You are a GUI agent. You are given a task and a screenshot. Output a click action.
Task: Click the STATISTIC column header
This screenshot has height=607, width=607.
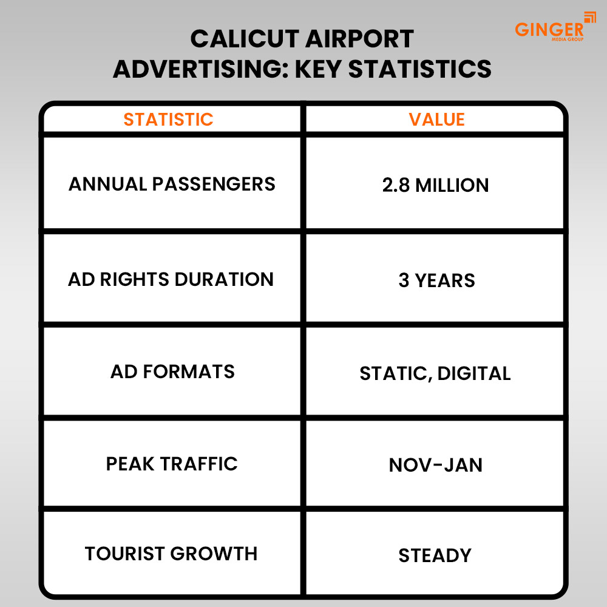pyautogui.click(x=168, y=120)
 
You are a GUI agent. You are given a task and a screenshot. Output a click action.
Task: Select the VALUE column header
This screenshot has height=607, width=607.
pyautogui.click(x=436, y=120)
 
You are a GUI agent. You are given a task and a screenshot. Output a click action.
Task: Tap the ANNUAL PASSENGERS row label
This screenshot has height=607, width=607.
pyautogui.click(x=172, y=184)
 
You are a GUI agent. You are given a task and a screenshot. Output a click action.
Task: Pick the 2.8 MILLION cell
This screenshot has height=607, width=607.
pyautogui.click(x=435, y=185)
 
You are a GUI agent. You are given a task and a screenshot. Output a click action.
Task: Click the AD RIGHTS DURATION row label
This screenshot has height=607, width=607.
pyautogui.click(x=171, y=279)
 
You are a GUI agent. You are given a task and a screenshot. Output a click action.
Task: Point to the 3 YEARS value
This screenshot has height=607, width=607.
pyautogui.click(x=436, y=280)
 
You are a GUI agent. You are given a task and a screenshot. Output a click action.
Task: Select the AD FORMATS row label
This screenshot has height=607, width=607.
pyautogui.click(x=172, y=371)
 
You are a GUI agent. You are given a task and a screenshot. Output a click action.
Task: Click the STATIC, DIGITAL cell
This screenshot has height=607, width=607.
pyautogui.click(x=435, y=373)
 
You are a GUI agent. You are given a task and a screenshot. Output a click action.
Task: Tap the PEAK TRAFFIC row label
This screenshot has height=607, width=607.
pyautogui.click(x=172, y=464)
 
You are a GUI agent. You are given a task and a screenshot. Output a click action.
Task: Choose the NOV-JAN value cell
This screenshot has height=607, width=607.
pyautogui.click(x=435, y=465)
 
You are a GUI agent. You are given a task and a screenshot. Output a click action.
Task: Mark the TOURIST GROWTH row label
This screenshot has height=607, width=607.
pyautogui.click(x=171, y=554)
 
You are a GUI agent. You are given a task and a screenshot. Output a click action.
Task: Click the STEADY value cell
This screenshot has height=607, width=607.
pyautogui.click(x=435, y=555)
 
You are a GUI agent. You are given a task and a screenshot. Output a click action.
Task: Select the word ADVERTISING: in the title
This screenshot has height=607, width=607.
pyautogui.click(x=200, y=69)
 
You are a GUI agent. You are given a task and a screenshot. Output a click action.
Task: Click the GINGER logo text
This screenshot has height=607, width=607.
pyautogui.click(x=549, y=29)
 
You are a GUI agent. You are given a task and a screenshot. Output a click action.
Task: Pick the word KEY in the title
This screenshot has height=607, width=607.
pyautogui.click(x=318, y=69)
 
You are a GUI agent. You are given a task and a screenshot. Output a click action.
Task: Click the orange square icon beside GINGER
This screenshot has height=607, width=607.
pyautogui.click(x=589, y=17)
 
